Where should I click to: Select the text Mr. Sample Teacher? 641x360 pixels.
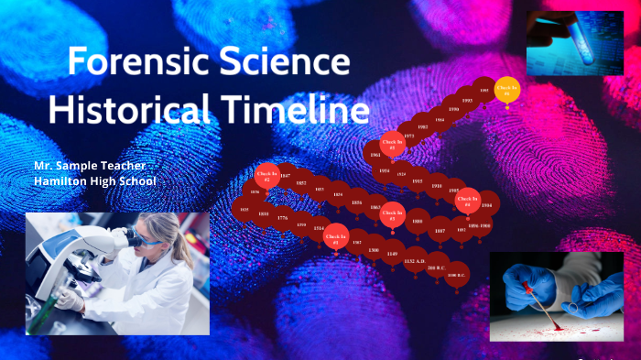point(90,165)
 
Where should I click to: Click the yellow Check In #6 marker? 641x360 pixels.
point(506,90)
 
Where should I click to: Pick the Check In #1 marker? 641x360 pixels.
point(336,235)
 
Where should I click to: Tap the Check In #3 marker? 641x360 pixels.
point(391,213)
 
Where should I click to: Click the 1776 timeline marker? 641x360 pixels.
point(282,218)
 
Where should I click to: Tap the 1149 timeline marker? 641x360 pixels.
point(392,253)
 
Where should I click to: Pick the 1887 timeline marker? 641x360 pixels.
point(440,231)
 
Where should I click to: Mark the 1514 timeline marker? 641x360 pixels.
point(319,228)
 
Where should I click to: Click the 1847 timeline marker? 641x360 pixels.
point(285,175)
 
